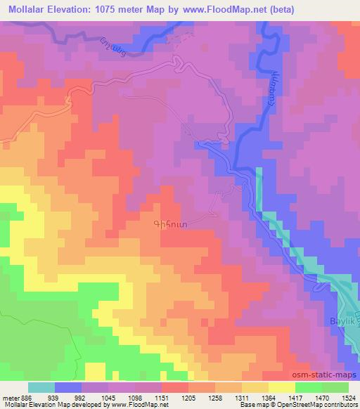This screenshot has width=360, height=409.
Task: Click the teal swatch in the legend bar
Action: (x=41, y=387)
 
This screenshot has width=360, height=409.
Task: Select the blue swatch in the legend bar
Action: (x=69, y=387)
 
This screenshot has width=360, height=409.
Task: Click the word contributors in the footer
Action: (x=340, y=405)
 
